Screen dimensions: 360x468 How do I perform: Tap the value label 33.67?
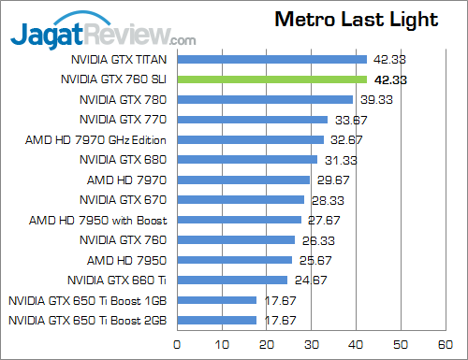point(349,120)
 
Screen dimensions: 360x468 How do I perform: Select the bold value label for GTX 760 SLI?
point(388,80)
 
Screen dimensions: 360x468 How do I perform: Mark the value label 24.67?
point(308,279)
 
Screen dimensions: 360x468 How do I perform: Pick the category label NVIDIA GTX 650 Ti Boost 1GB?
point(88,300)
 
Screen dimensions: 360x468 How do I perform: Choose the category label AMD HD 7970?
point(127,180)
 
